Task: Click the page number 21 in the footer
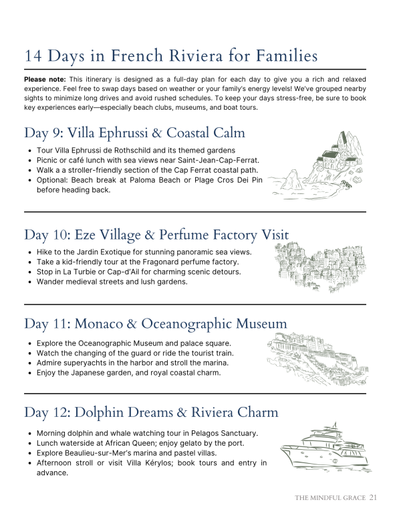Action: tap(373, 498)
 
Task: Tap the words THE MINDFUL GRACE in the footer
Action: tap(330, 498)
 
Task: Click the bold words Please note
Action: tap(45, 80)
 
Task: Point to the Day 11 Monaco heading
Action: tap(156, 324)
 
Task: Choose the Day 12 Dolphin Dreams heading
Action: tap(151, 412)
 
